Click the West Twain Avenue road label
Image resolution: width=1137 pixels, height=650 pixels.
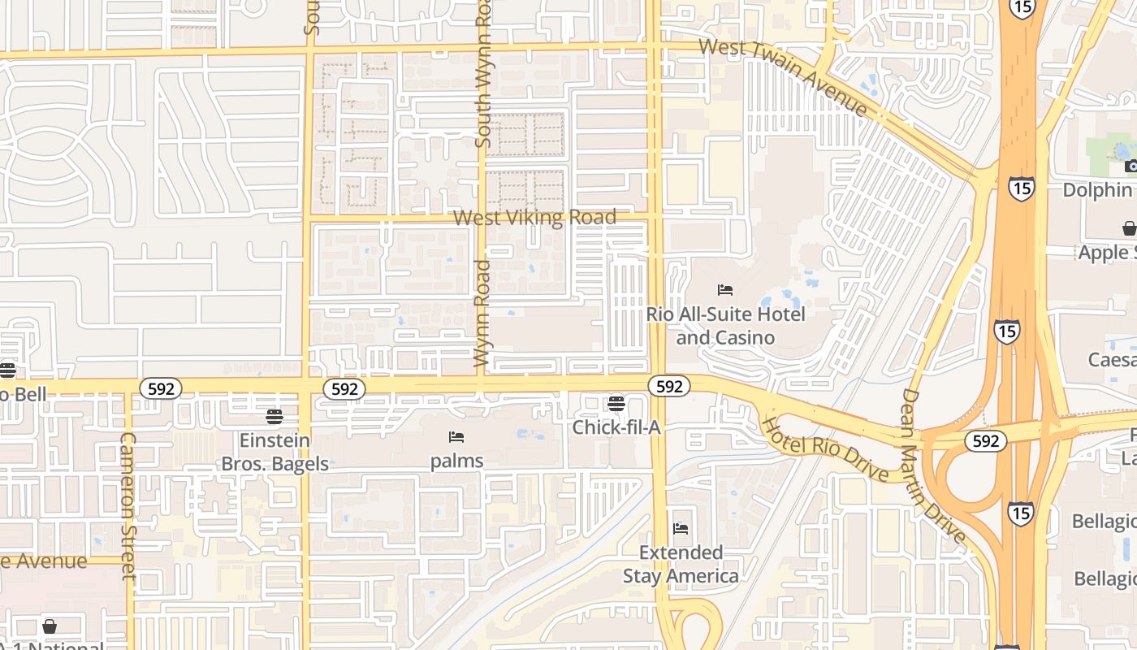[783, 76]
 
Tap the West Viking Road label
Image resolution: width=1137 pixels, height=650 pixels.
[534, 218]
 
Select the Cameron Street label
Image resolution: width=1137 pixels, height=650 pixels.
[128, 505]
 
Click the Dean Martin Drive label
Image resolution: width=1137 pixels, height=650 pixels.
[933, 466]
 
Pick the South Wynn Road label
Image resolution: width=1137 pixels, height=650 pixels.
[483, 73]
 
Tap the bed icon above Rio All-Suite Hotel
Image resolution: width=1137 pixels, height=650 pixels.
[725, 290]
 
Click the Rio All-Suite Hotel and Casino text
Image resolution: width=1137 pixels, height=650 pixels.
[725, 325]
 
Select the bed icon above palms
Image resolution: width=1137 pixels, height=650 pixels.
[456, 437]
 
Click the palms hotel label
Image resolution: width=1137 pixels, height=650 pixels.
[456, 461]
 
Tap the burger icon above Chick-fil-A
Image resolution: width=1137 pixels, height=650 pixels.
[616, 404]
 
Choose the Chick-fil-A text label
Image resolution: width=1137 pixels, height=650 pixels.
[616, 427]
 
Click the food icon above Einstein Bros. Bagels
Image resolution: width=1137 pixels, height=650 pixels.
[275, 417]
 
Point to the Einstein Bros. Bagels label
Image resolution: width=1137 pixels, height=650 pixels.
[275, 452]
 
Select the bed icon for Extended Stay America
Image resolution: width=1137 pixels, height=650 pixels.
[681, 529]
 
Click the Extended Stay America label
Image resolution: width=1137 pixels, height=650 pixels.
[681, 564]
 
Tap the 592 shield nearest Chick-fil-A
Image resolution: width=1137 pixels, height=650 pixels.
[669, 387]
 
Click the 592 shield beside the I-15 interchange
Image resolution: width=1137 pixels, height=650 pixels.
[986, 441]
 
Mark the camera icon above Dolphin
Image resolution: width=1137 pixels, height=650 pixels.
[1131, 167]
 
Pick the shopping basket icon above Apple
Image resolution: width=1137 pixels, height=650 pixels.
[1129, 228]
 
